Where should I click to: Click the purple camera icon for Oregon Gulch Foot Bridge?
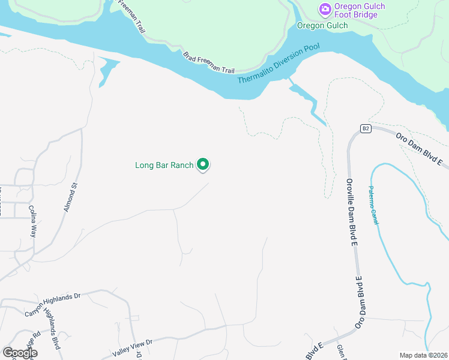[325, 8]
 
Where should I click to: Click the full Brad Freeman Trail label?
[209, 62]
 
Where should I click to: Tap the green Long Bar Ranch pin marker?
[203, 164]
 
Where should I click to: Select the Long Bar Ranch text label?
[164, 165]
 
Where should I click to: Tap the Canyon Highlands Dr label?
[52, 305]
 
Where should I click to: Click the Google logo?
[19, 352]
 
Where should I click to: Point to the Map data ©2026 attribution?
[423, 355]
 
